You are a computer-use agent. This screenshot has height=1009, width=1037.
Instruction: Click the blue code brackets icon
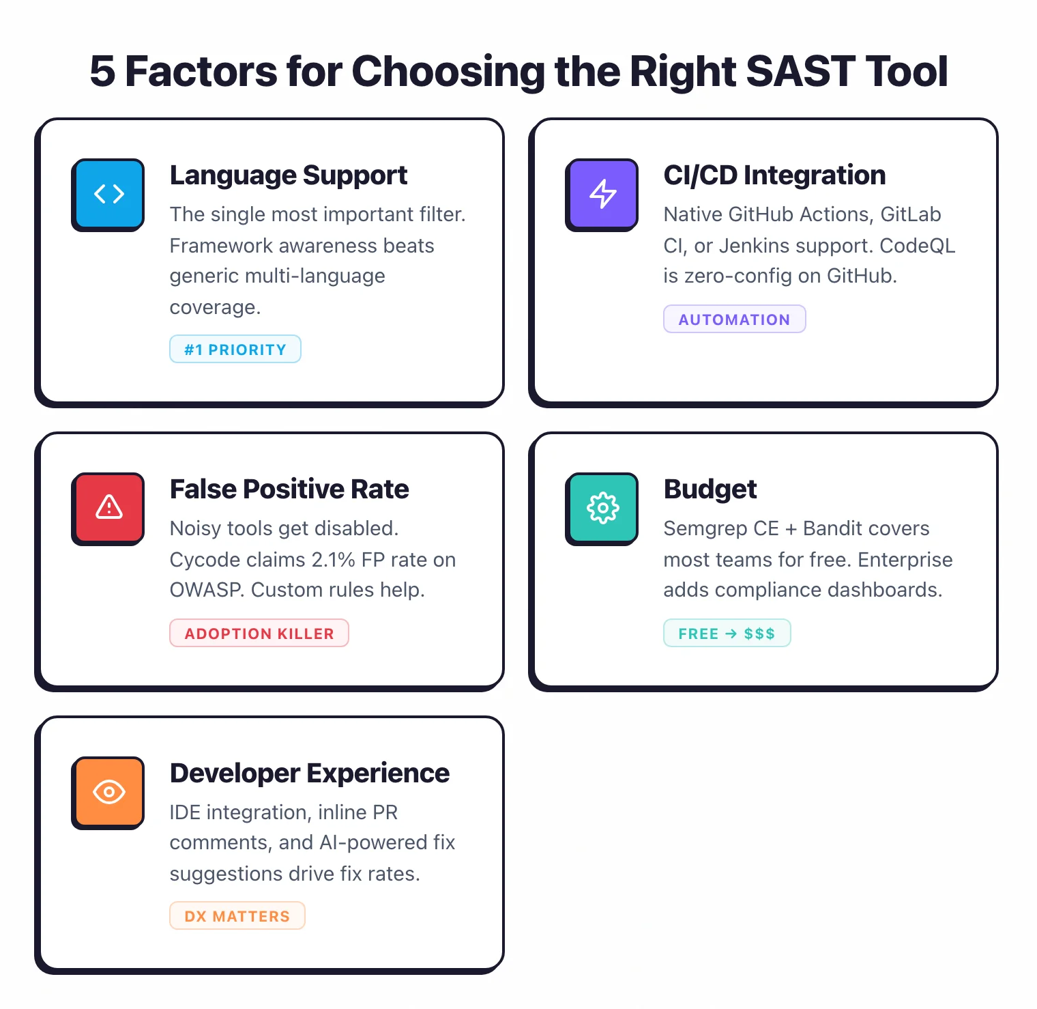click(108, 194)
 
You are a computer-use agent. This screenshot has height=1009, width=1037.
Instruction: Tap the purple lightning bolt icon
click(602, 194)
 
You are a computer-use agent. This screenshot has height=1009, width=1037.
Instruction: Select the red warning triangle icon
click(108, 508)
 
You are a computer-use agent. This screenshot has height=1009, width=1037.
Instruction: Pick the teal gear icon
click(602, 508)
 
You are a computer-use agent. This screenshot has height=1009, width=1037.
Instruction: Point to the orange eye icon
click(108, 792)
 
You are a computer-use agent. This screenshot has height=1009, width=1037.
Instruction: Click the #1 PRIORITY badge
click(235, 350)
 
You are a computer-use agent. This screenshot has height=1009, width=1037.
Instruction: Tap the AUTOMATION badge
click(734, 319)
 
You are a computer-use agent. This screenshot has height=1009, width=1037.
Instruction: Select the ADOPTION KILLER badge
click(259, 634)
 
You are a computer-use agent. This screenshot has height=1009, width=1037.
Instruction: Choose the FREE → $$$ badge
click(727, 634)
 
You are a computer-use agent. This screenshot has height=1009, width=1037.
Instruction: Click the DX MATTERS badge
click(237, 916)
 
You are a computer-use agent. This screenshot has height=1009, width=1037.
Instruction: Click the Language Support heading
click(288, 175)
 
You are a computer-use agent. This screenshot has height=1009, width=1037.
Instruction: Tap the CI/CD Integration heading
click(774, 175)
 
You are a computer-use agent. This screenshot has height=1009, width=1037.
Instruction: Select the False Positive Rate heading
click(289, 489)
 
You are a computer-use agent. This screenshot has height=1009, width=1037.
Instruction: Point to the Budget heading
click(710, 489)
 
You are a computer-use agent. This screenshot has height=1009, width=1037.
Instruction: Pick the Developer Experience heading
click(309, 773)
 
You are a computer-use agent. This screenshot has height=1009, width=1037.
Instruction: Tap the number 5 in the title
click(102, 72)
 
